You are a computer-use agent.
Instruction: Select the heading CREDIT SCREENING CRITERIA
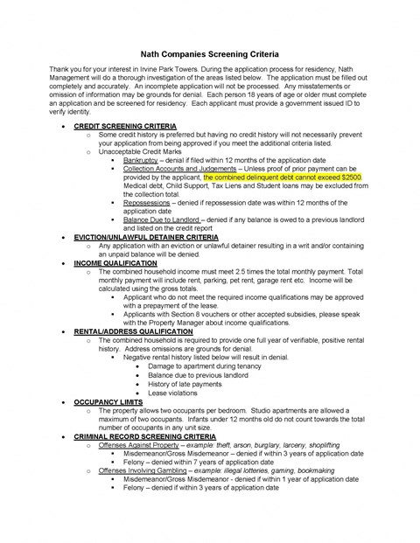[x=137, y=126]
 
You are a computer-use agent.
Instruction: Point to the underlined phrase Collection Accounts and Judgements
[x=185, y=169]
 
